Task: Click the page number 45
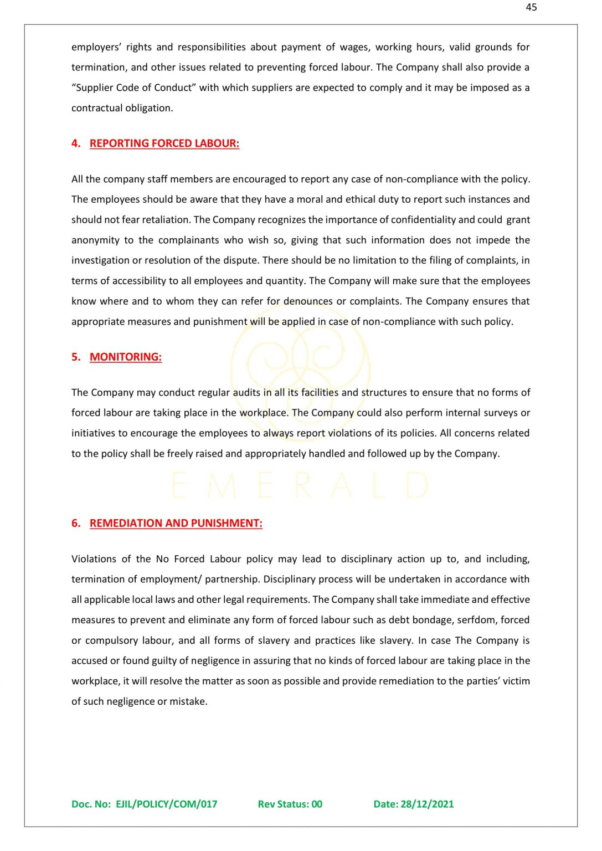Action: (x=531, y=7)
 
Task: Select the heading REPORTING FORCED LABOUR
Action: (x=164, y=143)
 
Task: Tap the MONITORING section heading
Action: (x=126, y=357)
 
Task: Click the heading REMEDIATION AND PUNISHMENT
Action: (x=176, y=524)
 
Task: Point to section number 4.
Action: (x=76, y=143)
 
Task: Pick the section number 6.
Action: (x=76, y=524)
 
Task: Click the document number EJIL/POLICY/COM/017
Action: (x=166, y=804)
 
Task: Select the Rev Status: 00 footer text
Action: (x=290, y=804)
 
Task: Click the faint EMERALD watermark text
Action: (x=300, y=486)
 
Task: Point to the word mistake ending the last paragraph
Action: (x=188, y=701)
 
